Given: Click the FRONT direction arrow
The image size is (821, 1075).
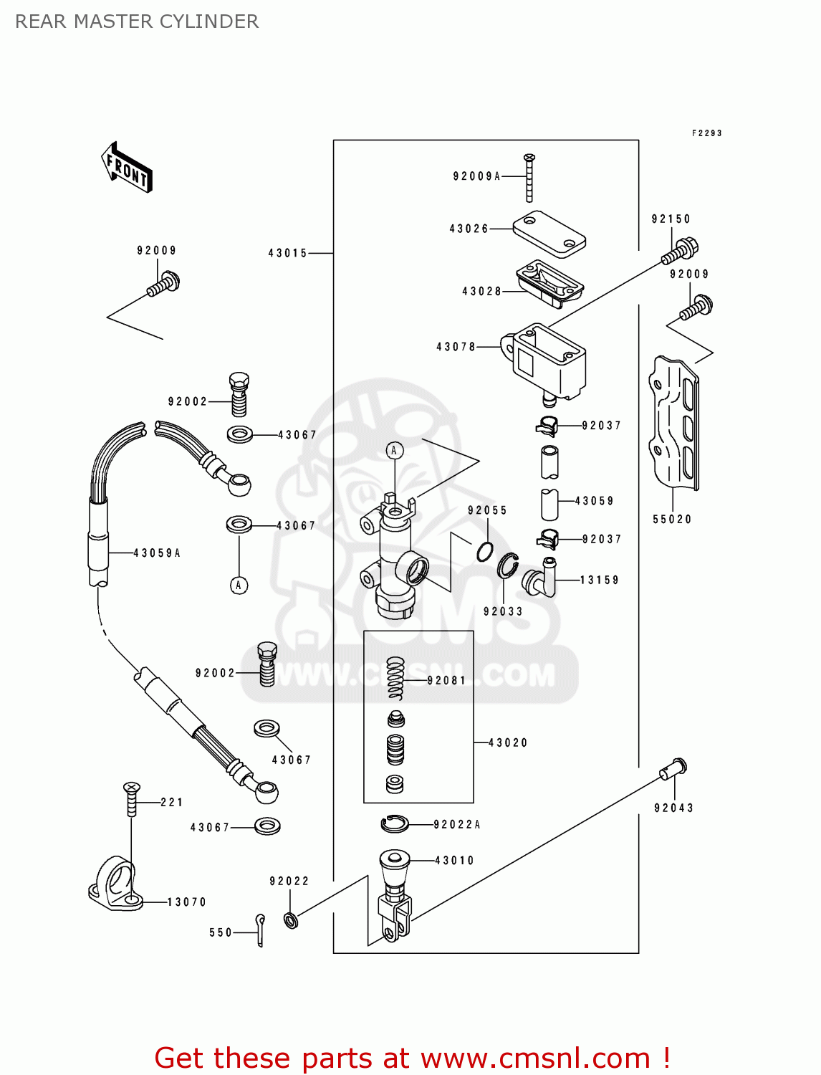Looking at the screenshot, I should point(127,168).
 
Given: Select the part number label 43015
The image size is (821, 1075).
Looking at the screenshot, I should point(287,253).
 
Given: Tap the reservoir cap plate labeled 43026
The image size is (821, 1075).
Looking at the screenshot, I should point(549,234).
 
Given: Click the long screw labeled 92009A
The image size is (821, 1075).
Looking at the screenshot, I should point(529,178).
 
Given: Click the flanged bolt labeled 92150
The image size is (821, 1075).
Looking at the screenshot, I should point(681,251).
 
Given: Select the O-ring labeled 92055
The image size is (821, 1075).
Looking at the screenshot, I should point(485,552).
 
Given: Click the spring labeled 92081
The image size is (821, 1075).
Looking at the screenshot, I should point(395,678).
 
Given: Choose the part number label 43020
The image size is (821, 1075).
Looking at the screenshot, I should point(508,743).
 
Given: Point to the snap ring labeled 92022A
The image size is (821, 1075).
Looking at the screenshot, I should point(395,824).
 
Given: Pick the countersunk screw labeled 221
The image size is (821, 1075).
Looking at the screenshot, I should point(131,798).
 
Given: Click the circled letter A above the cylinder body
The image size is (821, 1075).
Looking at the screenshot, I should point(394,450).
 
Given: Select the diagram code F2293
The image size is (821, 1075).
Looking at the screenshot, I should point(706,133).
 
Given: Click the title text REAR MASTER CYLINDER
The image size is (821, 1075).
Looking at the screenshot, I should point(137,21).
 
